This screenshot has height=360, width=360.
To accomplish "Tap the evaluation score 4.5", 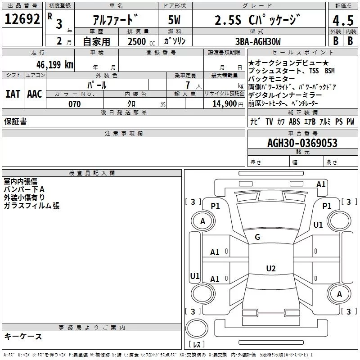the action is pos(342,21).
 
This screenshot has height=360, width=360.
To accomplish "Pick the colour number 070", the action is pos(74,104).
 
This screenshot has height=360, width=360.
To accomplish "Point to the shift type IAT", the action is pos(13,94).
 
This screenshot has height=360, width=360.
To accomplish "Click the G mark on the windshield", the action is pos(257,237).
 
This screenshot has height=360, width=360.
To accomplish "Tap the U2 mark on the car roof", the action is pos(270,269).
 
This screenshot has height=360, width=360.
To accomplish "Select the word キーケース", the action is pos(23,336).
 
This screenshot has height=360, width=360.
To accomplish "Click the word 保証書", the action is pos(15,121).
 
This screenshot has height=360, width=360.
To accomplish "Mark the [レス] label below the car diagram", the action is pos(197,345).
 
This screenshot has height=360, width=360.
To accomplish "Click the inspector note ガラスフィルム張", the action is pos(31,206).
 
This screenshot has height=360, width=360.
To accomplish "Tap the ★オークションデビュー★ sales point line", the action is pos(288,63).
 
